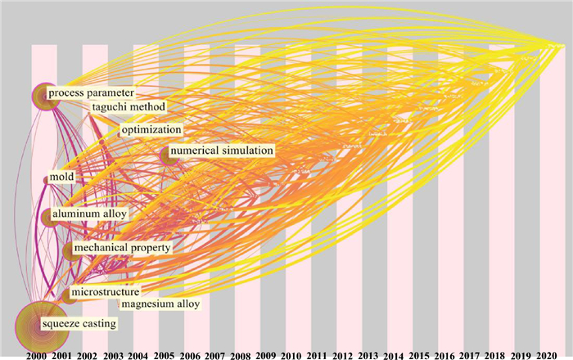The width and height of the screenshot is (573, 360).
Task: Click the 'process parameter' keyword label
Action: click(x=90, y=93)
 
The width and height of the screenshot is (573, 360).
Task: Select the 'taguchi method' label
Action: click(x=129, y=107)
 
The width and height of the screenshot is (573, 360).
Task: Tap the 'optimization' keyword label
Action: click(x=151, y=130)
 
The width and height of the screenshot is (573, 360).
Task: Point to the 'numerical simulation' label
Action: click(x=221, y=151)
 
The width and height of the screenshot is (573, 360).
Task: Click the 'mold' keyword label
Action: click(x=62, y=178)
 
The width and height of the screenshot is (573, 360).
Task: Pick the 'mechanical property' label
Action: click(x=122, y=247)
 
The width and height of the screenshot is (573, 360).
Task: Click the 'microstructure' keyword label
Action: click(x=105, y=292)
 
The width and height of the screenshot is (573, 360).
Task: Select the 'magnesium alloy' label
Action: click(x=160, y=304)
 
